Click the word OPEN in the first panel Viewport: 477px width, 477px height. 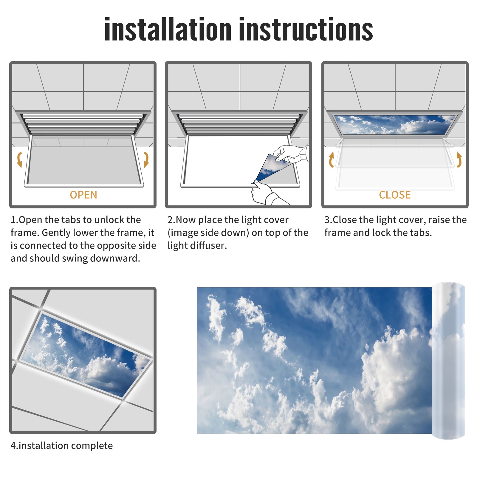pos(83,195)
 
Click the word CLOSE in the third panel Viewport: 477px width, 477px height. pos(395,195)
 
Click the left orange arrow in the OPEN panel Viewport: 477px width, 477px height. pos(19,159)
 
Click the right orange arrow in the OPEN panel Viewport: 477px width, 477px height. pos(146,159)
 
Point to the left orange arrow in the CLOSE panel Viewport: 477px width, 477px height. pos(331,159)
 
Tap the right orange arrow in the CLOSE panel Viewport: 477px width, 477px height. pos(459,159)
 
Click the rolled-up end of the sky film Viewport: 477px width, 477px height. pos(448,361)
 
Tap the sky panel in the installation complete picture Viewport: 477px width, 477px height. pos(86,355)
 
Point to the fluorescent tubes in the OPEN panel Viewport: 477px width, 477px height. pos(83,124)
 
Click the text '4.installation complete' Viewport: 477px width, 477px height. pos(62,446)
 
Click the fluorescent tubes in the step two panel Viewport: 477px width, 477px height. pos(238,124)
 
